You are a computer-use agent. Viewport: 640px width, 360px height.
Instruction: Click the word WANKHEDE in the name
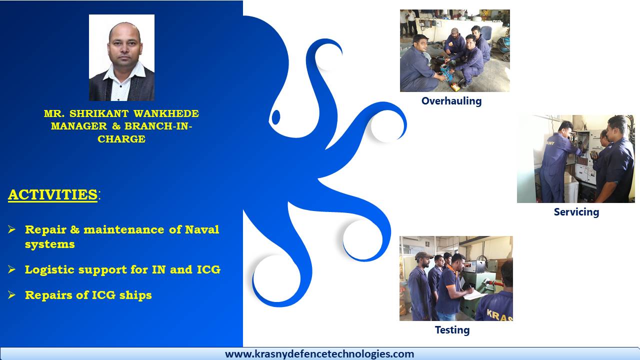tap(166, 113)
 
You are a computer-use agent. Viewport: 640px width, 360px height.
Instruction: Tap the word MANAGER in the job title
tap(79, 126)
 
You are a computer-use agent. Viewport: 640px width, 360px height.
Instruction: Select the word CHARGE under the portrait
tap(121, 139)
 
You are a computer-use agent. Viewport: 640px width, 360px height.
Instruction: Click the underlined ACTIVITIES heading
tap(53, 194)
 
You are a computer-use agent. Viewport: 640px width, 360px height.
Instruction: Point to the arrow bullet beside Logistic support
tap(11, 269)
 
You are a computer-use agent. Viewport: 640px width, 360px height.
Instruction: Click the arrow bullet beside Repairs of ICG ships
tap(11, 295)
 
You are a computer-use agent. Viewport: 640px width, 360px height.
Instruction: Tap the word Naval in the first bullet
tap(202, 229)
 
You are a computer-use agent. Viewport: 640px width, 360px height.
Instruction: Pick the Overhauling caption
tap(451, 101)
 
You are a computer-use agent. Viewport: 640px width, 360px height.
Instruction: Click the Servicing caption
tap(576, 212)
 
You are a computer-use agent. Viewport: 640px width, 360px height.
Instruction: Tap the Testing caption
tap(452, 330)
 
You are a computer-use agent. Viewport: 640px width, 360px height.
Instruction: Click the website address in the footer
tap(319, 354)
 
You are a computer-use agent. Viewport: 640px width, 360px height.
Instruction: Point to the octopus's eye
tap(276, 117)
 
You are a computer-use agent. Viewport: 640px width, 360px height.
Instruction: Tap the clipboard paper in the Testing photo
tap(475, 295)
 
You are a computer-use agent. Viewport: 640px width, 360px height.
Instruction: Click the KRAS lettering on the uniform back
tap(499, 315)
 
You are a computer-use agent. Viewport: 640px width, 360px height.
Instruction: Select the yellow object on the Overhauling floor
tap(454, 87)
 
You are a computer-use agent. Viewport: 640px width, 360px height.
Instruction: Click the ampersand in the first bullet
tap(75, 229)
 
